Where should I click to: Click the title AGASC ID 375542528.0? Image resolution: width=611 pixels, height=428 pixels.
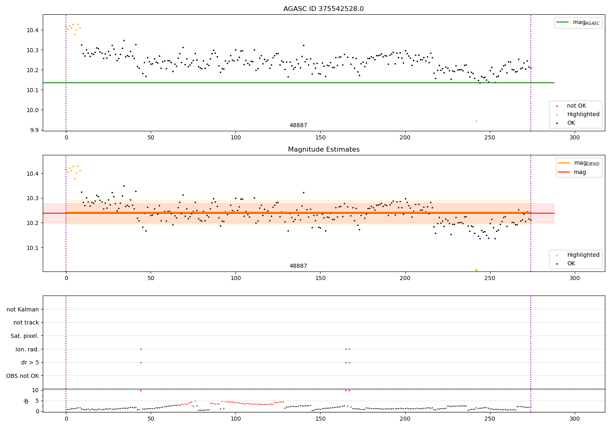click(x=323, y=9)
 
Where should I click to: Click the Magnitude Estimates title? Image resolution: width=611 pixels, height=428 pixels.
click(x=323, y=150)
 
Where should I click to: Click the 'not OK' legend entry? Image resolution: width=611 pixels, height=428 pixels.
click(x=576, y=106)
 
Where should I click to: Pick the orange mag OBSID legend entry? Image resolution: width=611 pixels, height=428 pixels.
click(x=579, y=163)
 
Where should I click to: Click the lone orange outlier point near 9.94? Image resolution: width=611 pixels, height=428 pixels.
click(x=476, y=121)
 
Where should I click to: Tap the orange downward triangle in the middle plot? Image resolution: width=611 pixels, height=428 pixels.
click(x=476, y=270)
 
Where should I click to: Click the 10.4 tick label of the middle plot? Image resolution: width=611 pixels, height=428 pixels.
click(x=33, y=174)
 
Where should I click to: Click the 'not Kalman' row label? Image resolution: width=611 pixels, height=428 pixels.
click(x=23, y=309)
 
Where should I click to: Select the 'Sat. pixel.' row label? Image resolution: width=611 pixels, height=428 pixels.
click(x=24, y=336)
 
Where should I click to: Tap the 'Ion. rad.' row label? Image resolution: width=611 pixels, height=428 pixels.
click(x=27, y=349)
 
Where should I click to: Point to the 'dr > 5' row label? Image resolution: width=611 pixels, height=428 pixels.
click(x=30, y=362)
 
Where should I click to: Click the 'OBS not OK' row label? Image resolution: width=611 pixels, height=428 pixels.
click(x=22, y=376)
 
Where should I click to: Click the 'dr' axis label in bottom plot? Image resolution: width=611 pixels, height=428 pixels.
click(x=26, y=401)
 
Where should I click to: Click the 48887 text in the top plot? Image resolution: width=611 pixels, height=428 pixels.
click(x=298, y=126)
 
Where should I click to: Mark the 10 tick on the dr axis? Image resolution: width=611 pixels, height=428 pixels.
click(x=35, y=390)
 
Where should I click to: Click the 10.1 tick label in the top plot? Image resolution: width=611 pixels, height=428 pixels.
click(x=33, y=90)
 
